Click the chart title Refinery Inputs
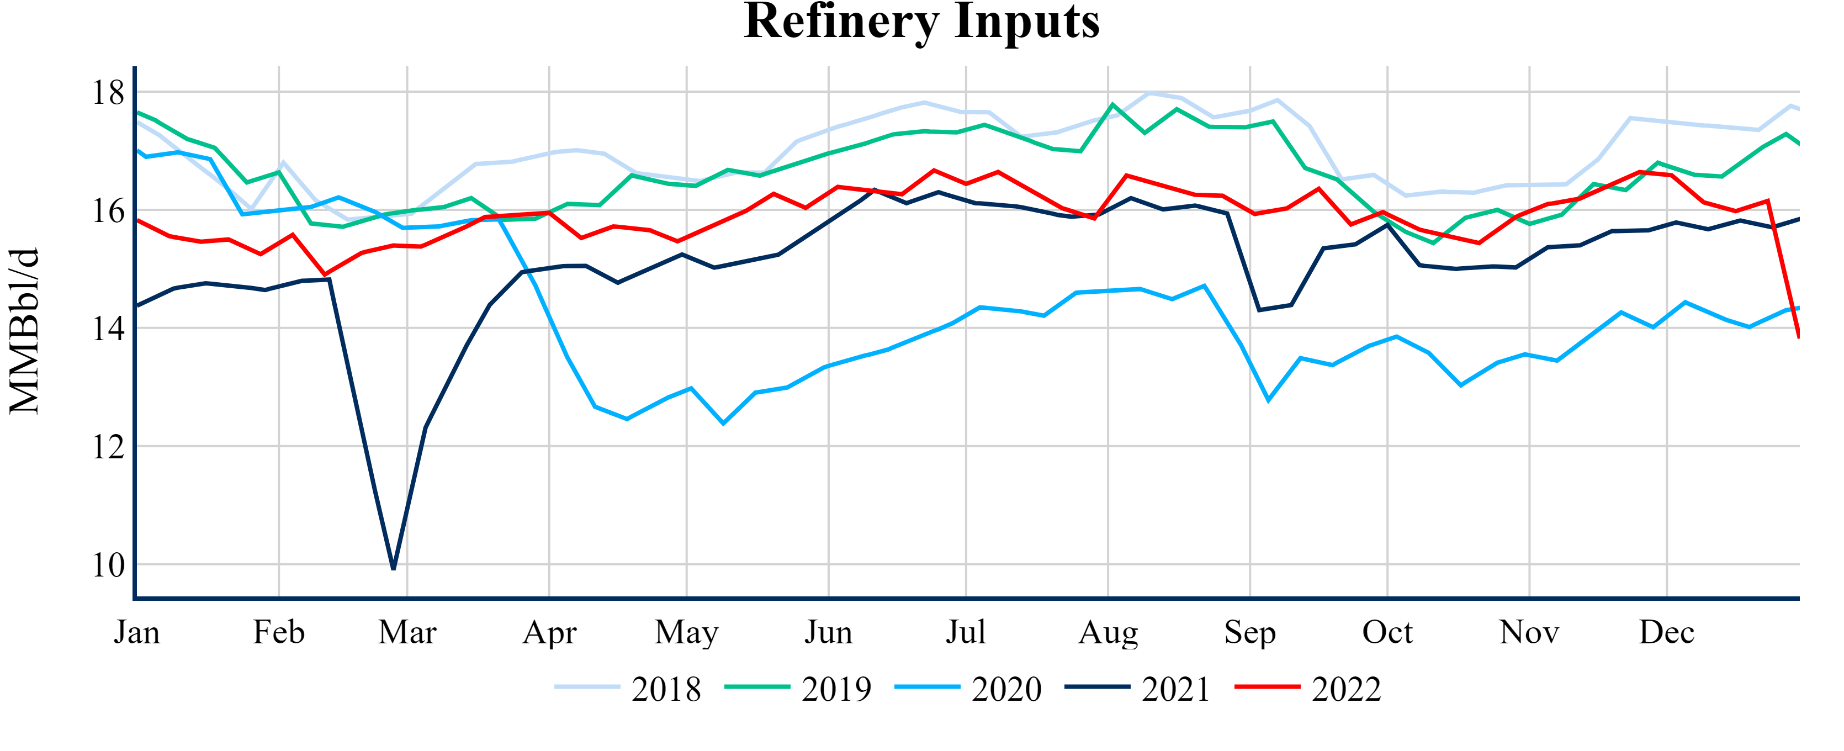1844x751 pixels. pos(921,22)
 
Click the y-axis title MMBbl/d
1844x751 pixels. pos(24,331)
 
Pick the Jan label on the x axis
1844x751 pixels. pos(137,633)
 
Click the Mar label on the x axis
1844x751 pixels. pos(407,633)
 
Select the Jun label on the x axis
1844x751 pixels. pos(828,633)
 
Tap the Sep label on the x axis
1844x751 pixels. pos(1250,633)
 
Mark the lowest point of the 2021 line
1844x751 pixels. pos(394,568)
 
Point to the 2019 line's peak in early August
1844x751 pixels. pos(1112,104)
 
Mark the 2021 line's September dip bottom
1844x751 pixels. pos(1259,310)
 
